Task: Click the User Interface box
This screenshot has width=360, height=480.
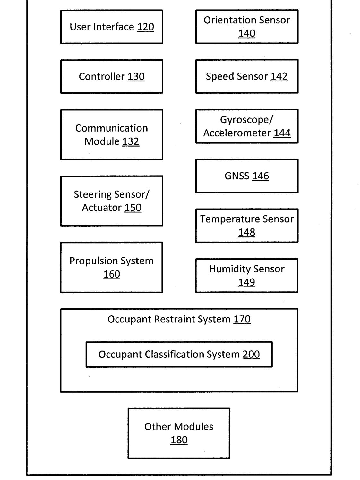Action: pos(112,27)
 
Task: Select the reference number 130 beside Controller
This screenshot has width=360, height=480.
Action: pos(136,77)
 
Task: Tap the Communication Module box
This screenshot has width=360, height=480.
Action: pos(112,135)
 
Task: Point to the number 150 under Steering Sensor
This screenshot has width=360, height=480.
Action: pos(133,208)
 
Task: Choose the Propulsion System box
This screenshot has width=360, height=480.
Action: pos(111,267)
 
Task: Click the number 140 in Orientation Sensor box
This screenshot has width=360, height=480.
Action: pos(247,33)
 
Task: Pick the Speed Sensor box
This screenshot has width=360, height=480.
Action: pos(247,76)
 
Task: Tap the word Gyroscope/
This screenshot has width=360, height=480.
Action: pos(246,120)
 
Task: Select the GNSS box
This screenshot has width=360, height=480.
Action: pos(247,176)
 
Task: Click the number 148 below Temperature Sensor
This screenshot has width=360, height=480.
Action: pos(246,232)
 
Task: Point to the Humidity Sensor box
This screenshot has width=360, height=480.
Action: pos(247,276)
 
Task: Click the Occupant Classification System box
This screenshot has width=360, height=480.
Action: pos(179,354)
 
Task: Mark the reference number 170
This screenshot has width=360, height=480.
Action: pos(242,319)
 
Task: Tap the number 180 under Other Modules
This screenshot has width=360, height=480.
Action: pos(179,440)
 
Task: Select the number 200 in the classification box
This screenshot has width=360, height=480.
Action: pos(251,354)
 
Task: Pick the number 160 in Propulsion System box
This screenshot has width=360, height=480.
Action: pos(111,274)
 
